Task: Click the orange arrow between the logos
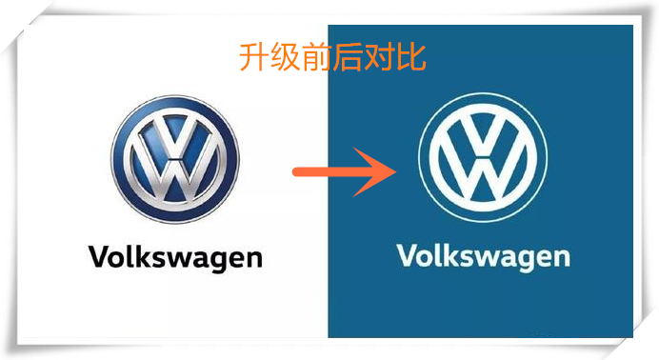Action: [x=343, y=171]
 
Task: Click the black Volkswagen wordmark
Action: [x=174, y=256]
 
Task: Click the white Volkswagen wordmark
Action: [x=483, y=256]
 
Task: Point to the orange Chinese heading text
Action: [x=332, y=58]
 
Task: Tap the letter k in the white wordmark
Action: [x=447, y=255]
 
